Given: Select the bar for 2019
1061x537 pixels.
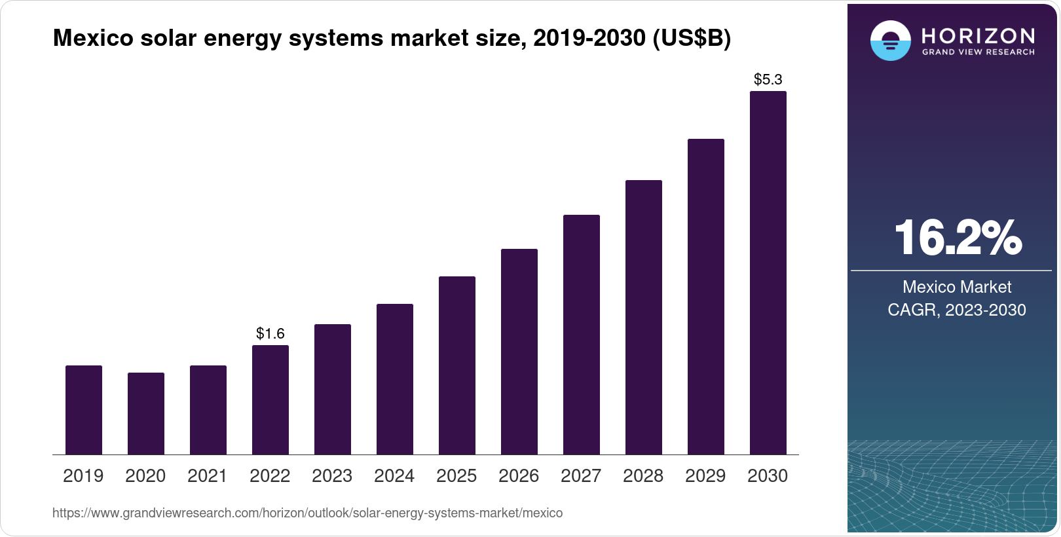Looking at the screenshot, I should coord(84,410).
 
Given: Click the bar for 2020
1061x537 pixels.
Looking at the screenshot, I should coord(146,413).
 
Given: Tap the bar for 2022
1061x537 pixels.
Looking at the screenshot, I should coord(270,399).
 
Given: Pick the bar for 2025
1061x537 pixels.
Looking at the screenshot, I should coord(457,365).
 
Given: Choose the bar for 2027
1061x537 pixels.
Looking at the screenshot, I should coord(582,335).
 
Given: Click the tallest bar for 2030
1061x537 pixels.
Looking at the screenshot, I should coord(768,273).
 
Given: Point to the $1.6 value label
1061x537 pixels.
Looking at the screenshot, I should coord(270,334).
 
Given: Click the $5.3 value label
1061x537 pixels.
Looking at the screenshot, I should coord(768,80).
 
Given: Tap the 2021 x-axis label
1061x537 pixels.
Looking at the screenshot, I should coord(208,476).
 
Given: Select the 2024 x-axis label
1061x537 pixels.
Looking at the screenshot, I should coord(394,476).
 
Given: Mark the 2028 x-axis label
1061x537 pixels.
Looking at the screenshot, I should coord(643,476).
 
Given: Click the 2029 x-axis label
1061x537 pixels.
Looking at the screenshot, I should coord(705,476).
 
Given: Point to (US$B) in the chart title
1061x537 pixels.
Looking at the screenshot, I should coord(692,38).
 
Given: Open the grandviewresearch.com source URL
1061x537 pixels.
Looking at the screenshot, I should coord(307,513).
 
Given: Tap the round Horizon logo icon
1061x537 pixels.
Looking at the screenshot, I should coord(890,41).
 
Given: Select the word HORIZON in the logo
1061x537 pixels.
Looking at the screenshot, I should coord(978,35).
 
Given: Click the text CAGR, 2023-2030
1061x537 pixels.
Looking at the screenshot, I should coord(957,310).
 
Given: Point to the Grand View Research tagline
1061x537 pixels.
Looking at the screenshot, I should coord(978,52).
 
